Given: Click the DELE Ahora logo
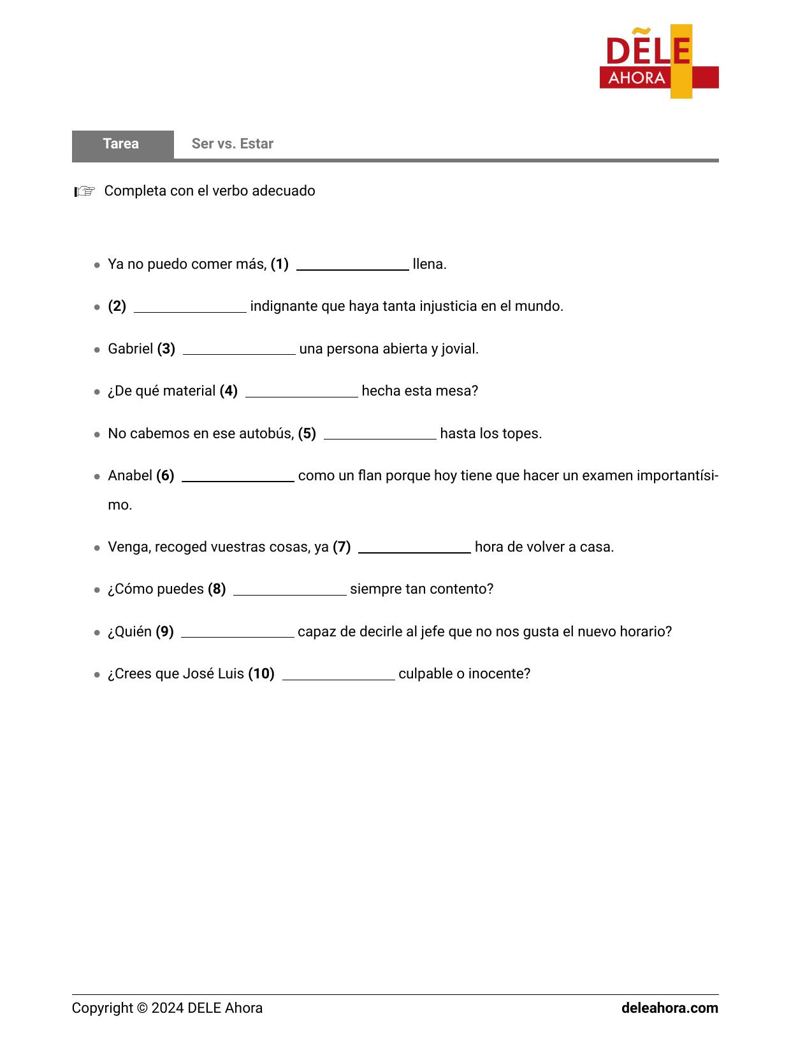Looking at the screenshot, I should click(658, 62).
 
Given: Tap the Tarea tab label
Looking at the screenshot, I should click(121, 144).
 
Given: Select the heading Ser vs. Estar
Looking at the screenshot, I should click(232, 144).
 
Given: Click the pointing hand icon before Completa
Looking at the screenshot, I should click(85, 191).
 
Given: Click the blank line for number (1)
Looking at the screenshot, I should click(352, 265).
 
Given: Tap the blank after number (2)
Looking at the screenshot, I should click(190, 307).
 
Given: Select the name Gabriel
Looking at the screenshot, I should click(131, 349).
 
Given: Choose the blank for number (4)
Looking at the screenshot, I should click(301, 392).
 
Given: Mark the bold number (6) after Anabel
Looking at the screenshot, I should click(165, 476).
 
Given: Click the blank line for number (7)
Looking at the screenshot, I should click(414, 548).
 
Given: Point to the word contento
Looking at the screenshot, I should click(461, 589).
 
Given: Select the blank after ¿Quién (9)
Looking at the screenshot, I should click(238, 633).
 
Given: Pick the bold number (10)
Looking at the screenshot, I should click(261, 674).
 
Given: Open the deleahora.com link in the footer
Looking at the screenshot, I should click(669, 1008).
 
